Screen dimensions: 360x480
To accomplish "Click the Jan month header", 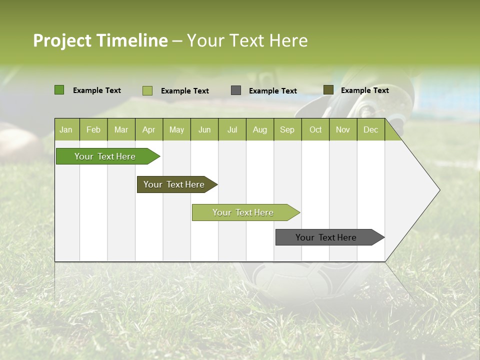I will click(x=66, y=130).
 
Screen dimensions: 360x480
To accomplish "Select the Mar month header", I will click(x=121, y=130).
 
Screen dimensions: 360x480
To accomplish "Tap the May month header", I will click(x=176, y=130).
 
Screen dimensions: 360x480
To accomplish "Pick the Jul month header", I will click(x=232, y=130).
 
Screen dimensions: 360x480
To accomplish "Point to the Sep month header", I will click(x=287, y=130).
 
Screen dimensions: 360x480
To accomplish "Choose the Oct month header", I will click(x=315, y=130).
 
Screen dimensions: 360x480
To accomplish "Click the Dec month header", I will click(x=370, y=130).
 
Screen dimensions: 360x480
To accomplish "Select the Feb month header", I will click(x=93, y=130).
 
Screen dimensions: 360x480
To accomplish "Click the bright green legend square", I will click(x=59, y=90).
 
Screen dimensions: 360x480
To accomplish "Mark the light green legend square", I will click(x=147, y=90).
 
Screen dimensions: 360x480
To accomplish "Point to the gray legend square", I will click(x=236, y=90).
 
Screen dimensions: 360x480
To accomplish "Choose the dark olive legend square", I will click(x=328, y=90).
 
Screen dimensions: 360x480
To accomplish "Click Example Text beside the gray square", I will click(x=273, y=91).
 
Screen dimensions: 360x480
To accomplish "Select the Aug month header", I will click(x=259, y=130).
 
